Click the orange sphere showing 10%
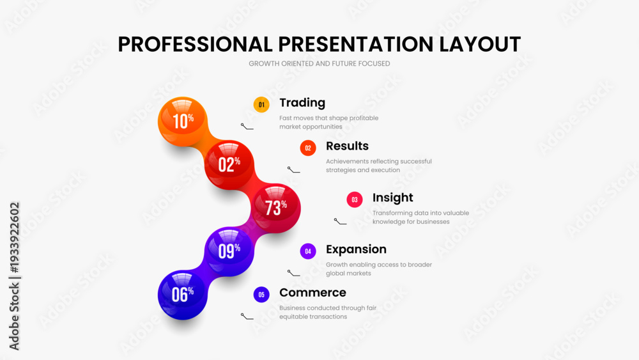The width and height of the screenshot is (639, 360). pos(183,121)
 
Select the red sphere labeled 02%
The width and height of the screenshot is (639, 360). pos(229,165)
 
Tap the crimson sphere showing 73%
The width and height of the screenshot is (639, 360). pos(276,208)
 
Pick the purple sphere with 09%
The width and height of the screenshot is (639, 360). pos(229,251)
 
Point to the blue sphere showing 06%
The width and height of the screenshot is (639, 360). pos(183,295)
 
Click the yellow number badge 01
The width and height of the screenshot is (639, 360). pos(261,105)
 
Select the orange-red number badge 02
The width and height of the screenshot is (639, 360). pos(308,148)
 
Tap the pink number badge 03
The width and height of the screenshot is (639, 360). pos(355,200)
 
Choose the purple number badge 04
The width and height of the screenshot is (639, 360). pos(308,251)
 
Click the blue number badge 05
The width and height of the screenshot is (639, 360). pos(261,295)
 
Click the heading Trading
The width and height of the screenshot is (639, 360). pos(302,103)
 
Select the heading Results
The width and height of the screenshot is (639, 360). pos(347,146)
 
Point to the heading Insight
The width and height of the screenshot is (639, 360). pos(393,198)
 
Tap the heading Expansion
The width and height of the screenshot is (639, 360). pos(356,249)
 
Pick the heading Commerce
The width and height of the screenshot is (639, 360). pos(312,293)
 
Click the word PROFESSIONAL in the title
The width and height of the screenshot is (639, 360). pos(195,44)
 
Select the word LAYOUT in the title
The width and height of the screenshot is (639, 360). pos(480,44)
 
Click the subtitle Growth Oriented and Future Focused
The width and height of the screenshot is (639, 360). pos(319,63)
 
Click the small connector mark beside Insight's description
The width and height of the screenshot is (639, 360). pos(341,222)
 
